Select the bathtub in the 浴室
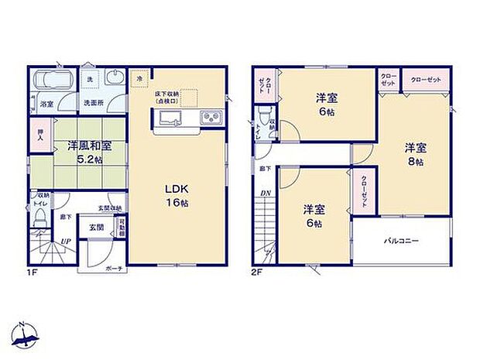point(53,81)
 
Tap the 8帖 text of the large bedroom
point(416,163)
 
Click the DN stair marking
point(265,193)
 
